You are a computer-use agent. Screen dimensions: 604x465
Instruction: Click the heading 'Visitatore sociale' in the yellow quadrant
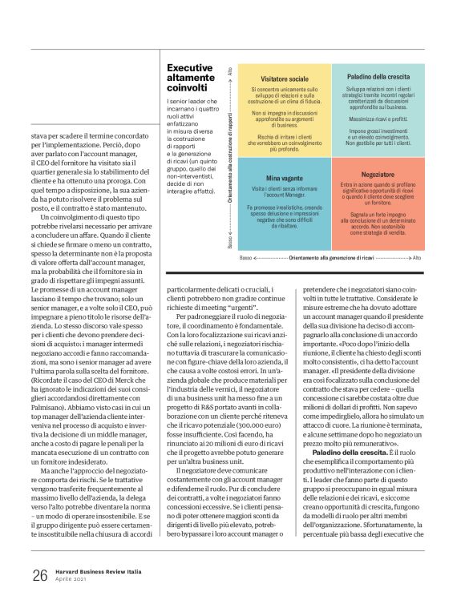coord(278,79)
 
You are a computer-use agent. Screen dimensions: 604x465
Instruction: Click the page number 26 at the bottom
coord(39,575)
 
